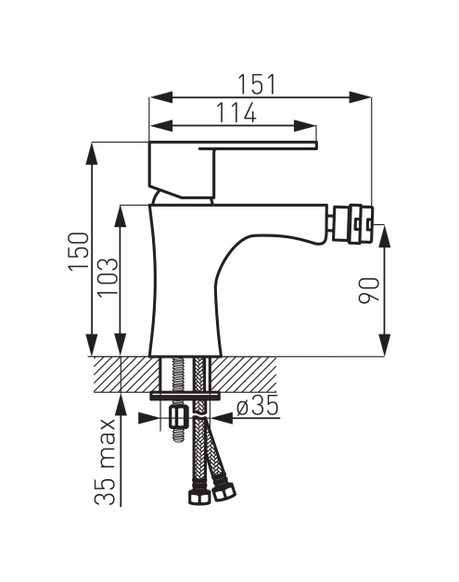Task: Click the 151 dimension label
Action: [x=257, y=84]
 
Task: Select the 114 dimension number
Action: [x=236, y=112]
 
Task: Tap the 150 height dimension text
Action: [x=79, y=252]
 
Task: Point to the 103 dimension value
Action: [x=108, y=277]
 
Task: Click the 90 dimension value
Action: [x=369, y=290]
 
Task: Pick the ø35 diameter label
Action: [x=258, y=405]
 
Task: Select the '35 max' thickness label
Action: [x=104, y=462]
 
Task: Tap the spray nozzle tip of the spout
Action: [x=352, y=224]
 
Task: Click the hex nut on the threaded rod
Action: [x=178, y=417]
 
